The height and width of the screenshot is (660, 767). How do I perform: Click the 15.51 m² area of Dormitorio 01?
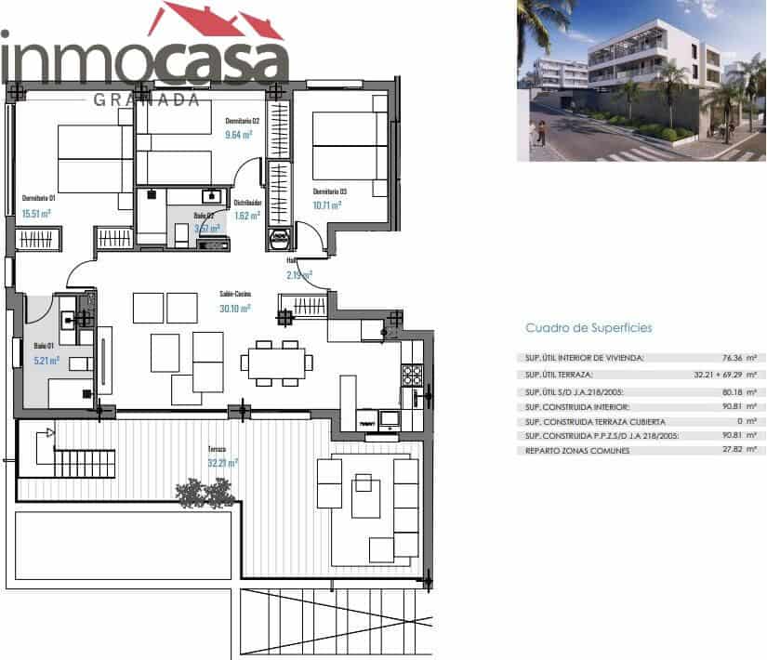36,213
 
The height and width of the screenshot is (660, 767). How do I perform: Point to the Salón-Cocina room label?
234,294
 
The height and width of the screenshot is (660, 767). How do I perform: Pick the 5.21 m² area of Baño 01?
46,360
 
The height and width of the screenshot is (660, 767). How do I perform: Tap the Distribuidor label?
246,202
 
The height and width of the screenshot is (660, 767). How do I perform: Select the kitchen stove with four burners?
411,375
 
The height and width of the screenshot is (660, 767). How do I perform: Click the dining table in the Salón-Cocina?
275,361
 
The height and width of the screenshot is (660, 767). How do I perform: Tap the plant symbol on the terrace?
204,492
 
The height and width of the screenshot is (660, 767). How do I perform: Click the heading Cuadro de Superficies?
588,328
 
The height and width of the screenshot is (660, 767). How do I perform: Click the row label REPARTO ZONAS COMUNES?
576,451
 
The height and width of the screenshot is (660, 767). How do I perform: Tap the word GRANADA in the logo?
147,99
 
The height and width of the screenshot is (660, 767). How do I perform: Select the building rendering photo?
641,81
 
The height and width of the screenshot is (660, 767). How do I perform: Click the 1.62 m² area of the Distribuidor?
246,216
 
